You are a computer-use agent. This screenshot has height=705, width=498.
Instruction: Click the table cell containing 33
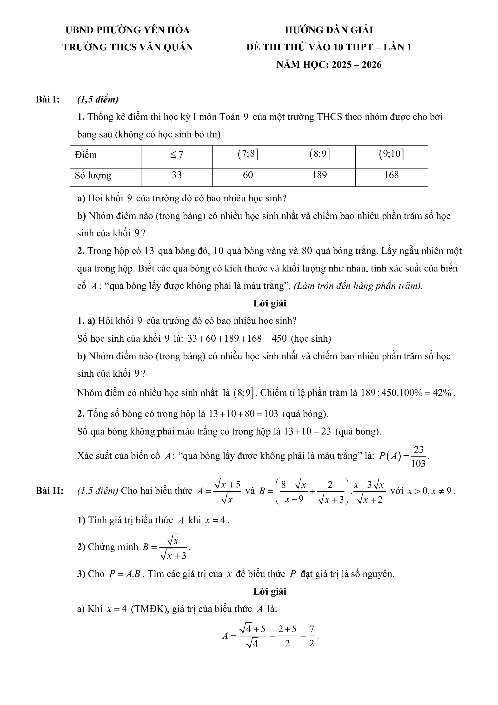click(x=177, y=175)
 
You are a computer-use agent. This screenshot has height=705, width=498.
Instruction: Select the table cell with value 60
click(x=248, y=175)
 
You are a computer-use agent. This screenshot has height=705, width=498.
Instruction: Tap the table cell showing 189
click(x=319, y=175)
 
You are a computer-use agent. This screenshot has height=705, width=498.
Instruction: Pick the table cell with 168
click(x=391, y=175)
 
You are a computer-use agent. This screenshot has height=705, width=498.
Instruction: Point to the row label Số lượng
click(x=93, y=175)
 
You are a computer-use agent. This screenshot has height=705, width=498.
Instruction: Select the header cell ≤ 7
click(x=177, y=155)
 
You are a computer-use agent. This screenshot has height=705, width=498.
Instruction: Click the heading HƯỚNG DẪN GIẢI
click(x=329, y=30)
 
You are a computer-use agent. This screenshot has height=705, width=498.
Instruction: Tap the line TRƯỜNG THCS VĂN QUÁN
click(x=128, y=47)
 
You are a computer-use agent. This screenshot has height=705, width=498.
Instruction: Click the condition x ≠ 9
click(x=442, y=491)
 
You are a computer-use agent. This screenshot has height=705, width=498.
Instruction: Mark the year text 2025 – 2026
click(x=356, y=65)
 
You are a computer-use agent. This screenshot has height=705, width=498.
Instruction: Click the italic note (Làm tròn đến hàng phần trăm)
click(x=358, y=286)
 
